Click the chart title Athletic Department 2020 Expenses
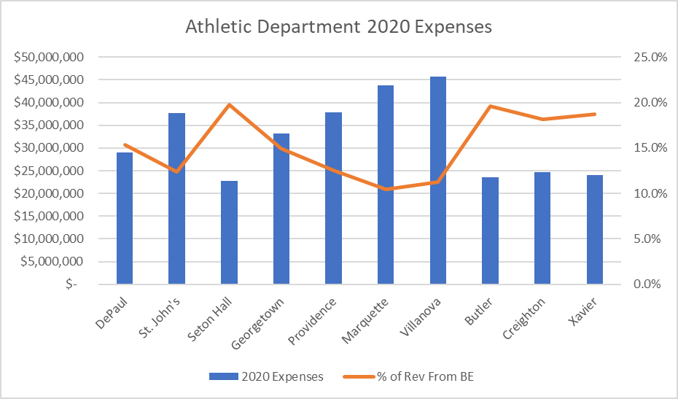(x=338, y=28)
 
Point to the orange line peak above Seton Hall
(x=229, y=104)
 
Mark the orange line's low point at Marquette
(x=386, y=189)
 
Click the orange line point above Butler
(x=490, y=106)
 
